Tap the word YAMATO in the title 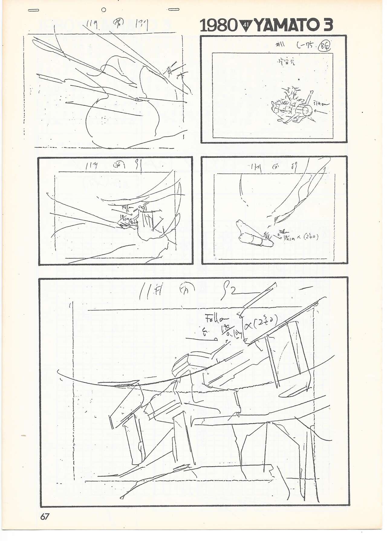pos(284,26)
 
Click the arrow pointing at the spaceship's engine pos(321,112)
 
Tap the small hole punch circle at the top pos(104,10)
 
